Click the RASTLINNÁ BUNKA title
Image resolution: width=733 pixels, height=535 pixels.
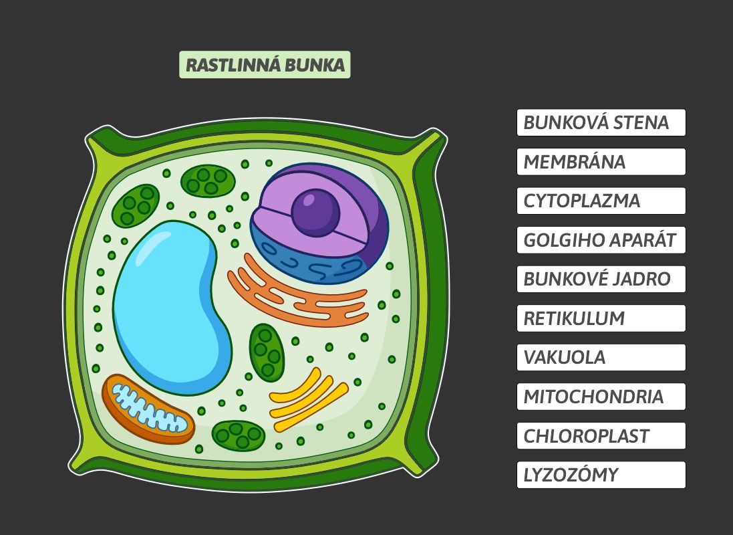click(265, 65)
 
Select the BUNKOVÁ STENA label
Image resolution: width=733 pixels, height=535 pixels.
click(601, 122)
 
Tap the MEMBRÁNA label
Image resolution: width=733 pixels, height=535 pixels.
click(601, 162)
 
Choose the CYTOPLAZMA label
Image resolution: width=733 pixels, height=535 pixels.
click(601, 201)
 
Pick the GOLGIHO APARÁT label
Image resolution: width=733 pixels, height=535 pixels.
click(601, 240)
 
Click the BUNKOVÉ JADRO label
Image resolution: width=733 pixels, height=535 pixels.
click(601, 279)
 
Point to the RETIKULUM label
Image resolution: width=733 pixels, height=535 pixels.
click(601, 318)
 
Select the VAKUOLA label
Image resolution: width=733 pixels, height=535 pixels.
click(601, 357)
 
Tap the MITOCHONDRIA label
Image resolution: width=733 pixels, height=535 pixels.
click(601, 397)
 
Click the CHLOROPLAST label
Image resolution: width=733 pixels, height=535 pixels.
click(601, 436)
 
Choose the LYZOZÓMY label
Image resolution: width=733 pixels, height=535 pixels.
click(601, 475)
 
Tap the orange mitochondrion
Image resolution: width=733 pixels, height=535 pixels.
click(148, 409)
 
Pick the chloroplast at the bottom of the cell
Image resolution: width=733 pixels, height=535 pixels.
click(239, 435)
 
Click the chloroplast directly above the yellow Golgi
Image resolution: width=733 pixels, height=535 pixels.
click(267, 352)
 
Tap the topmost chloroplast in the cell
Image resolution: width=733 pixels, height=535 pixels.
click(208, 181)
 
